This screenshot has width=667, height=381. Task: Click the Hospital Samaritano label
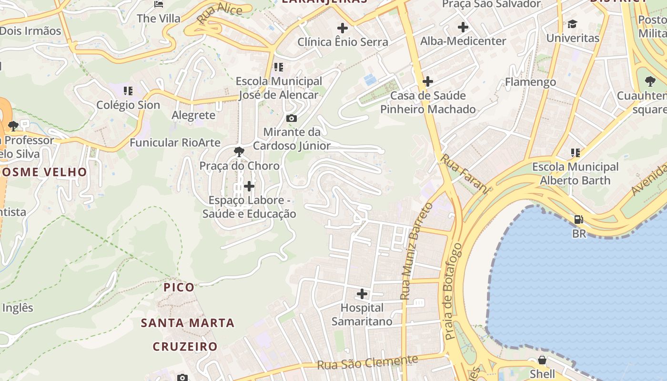[x=362, y=315]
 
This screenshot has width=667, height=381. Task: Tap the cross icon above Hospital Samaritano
[x=362, y=294]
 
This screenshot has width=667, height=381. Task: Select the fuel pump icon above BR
[x=579, y=220]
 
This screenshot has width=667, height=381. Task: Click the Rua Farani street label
[x=464, y=174]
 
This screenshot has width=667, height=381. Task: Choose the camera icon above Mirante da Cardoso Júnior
[x=292, y=118]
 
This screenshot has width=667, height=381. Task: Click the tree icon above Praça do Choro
[x=239, y=152]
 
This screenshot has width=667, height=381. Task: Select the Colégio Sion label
[x=128, y=105]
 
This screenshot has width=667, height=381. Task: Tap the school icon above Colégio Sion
[x=128, y=90]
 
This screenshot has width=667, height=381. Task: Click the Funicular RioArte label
[x=175, y=142]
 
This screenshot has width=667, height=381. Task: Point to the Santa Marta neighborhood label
[x=187, y=323]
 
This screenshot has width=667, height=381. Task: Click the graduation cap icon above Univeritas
[x=572, y=24]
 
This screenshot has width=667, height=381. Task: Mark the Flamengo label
[x=530, y=82]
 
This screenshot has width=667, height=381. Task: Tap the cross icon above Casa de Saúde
[x=428, y=81]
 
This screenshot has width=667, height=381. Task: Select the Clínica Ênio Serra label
[x=343, y=42]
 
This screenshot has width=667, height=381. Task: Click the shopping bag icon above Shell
[x=542, y=360]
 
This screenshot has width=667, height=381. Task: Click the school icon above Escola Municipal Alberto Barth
[x=576, y=153]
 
